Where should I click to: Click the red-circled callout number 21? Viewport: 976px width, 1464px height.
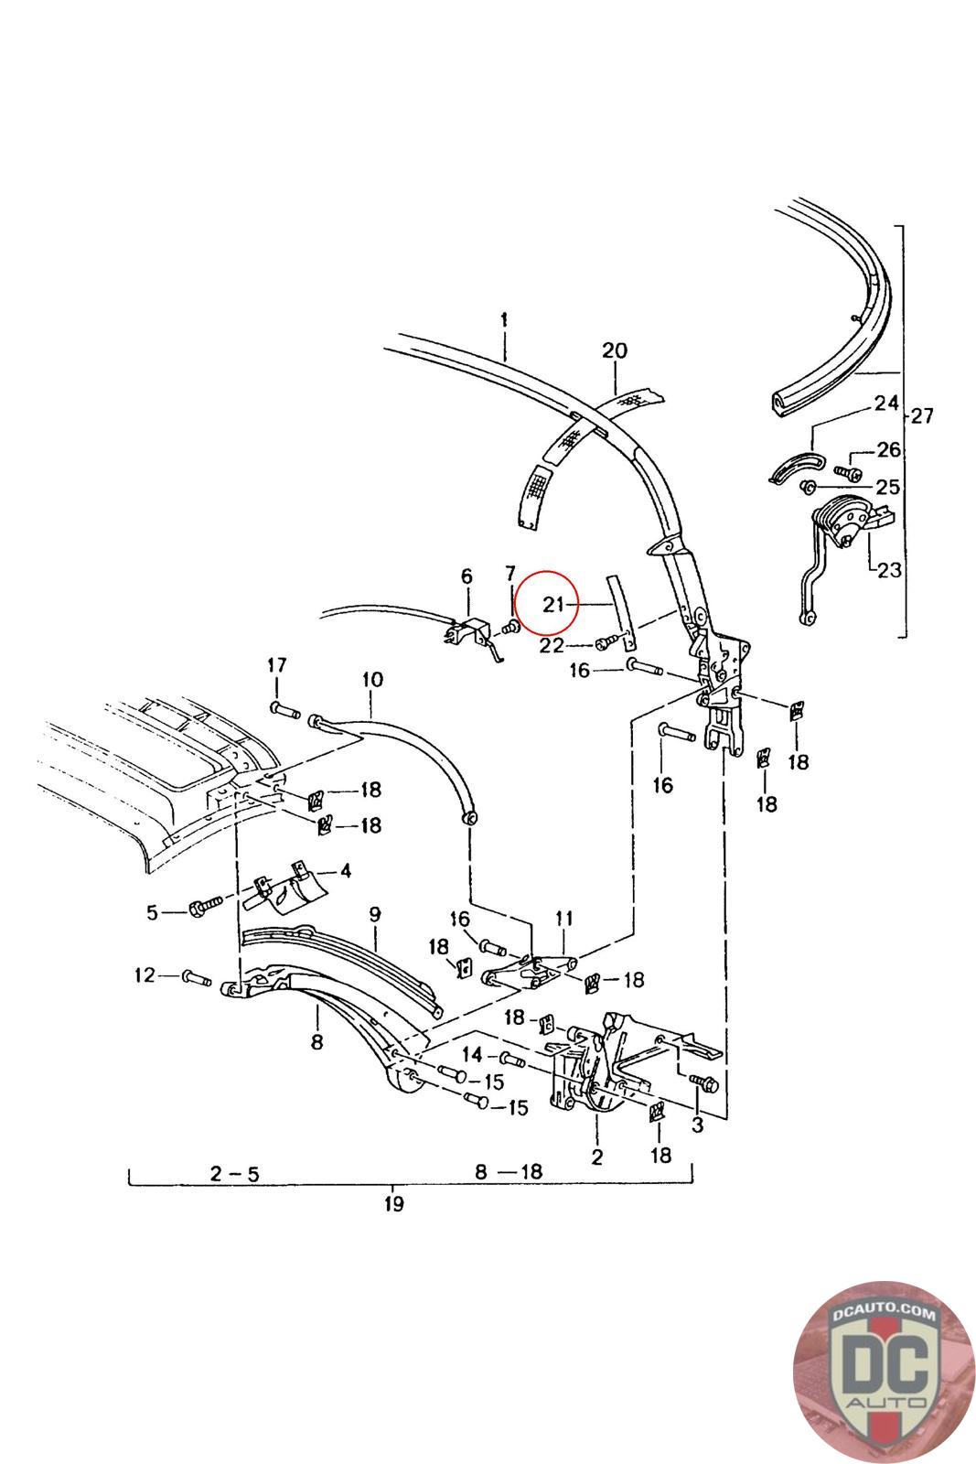552,604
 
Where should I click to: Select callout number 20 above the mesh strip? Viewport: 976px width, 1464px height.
615,350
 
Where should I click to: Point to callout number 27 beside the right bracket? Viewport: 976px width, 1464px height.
921,416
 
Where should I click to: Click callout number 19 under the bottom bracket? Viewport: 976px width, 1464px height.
393,1203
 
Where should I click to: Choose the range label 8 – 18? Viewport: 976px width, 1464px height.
509,1171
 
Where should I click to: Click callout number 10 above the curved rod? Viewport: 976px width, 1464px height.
372,680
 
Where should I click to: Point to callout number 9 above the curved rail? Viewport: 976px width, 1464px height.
374,913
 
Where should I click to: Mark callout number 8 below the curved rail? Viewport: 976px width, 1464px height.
316,1042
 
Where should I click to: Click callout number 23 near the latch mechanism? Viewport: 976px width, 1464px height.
889,571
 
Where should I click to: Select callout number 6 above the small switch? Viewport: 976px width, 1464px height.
467,576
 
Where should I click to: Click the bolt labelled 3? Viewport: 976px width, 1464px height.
704,1083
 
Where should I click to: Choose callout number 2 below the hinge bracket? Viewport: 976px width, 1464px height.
596,1157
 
